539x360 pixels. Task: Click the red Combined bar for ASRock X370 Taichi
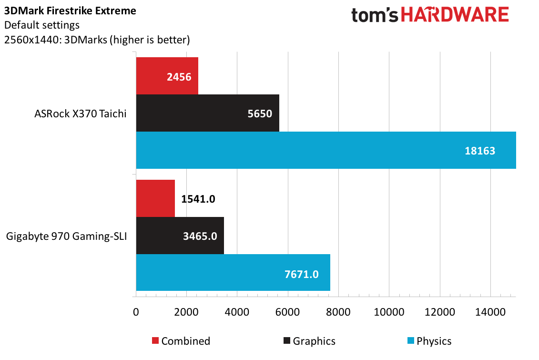click(x=167, y=76)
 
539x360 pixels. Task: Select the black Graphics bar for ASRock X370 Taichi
click(x=208, y=113)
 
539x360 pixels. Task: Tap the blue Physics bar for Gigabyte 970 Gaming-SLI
click(x=233, y=273)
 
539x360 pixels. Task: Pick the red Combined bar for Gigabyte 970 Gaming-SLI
click(x=155, y=198)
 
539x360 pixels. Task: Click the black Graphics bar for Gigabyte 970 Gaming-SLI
click(x=180, y=236)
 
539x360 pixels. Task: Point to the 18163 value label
click(x=480, y=151)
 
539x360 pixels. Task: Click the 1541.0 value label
click(x=198, y=199)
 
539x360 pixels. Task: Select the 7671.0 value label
click(x=302, y=274)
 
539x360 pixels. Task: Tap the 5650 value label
click(x=260, y=113)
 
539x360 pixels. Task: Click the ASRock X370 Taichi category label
click(x=81, y=113)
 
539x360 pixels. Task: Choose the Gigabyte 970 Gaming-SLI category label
click(x=66, y=236)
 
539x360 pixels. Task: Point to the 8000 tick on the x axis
click(x=338, y=312)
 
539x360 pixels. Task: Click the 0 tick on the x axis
click(x=136, y=312)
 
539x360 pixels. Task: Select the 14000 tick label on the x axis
click(x=490, y=312)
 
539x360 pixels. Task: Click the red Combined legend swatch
click(x=155, y=340)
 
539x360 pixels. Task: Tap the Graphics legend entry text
click(x=314, y=341)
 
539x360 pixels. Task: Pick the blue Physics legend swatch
click(x=410, y=340)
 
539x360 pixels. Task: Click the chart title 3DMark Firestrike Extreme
click(x=70, y=10)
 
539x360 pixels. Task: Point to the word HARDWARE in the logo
click(x=455, y=15)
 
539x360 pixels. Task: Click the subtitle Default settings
click(x=41, y=25)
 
